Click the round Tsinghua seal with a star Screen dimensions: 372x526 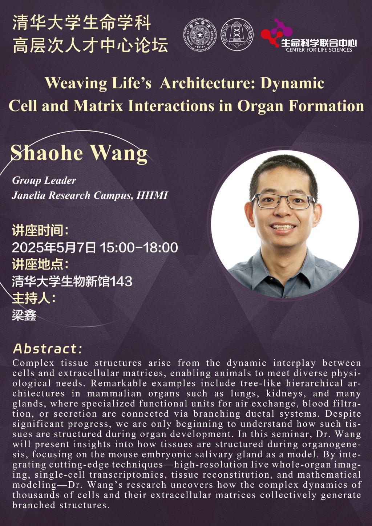(x=200, y=35)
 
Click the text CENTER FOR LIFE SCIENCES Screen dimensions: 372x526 (x=319, y=50)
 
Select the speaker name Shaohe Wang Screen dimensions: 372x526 (x=79, y=153)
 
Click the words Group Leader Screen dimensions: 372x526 (x=44, y=181)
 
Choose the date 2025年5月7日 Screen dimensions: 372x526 (x=54, y=248)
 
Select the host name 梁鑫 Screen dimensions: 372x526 (x=24, y=315)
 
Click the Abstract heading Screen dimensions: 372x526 (x=48, y=349)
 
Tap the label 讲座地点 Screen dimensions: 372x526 (x=37, y=265)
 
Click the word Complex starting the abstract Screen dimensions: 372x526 (x=33, y=363)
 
